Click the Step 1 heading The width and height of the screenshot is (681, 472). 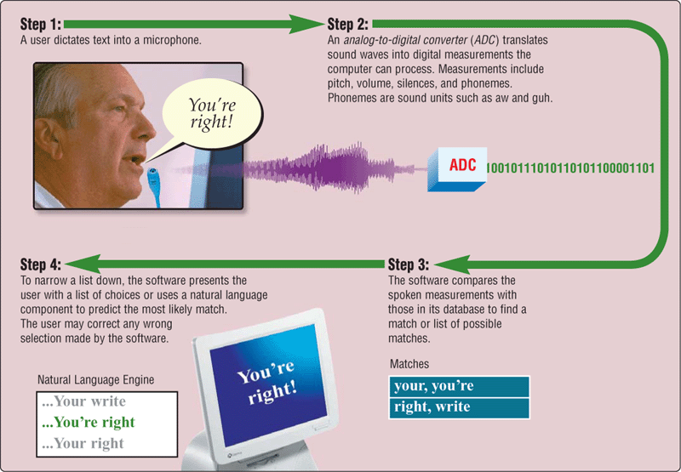pyautogui.click(x=41, y=25)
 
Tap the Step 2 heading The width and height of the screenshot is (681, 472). pyautogui.click(x=348, y=25)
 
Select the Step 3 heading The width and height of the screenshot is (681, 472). pyautogui.click(x=409, y=264)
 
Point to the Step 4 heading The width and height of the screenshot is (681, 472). pyautogui.click(x=41, y=264)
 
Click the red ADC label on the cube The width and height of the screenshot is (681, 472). pyautogui.click(x=462, y=165)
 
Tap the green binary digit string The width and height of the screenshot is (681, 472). pyautogui.click(x=570, y=168)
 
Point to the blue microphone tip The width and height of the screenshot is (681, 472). pyautogui.click(x=152, y=174)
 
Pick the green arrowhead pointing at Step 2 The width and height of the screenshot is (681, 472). pyautogui.click(x=306, y=25)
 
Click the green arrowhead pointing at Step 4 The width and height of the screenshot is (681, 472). pyautogui.click(x=83, y=264)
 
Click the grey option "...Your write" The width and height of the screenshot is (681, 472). pyautogui.click(x=83, y=401)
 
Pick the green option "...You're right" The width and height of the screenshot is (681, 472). pyautogui.click(x=89, y=422)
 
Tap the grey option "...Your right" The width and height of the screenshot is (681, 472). pyautogui.click(x=83, y=443)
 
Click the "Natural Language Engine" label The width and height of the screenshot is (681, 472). pyautogui.click(x=95, y=379)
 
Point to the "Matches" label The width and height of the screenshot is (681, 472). pyautogui.click(x=409, y=363)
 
